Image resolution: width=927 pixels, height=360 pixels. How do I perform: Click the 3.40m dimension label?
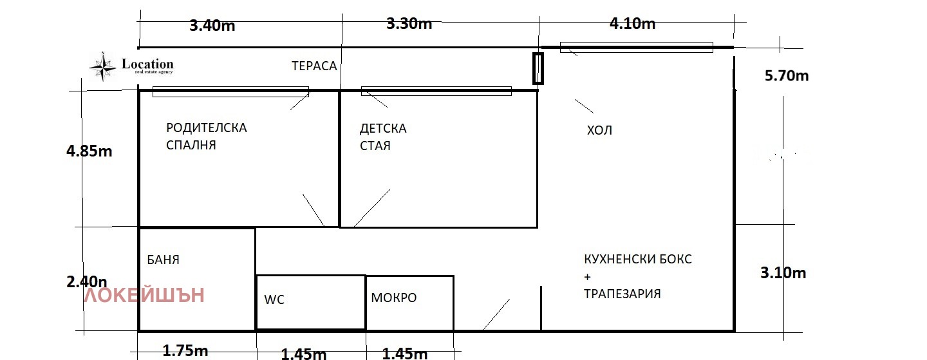tap(212, 26)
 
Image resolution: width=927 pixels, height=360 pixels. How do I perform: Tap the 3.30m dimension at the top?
tap(409, 24)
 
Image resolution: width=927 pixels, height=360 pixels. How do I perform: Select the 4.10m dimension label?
tap(632, 24)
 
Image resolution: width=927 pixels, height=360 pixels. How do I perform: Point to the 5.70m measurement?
tap(786, 76)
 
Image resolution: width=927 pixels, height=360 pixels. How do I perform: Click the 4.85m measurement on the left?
tap(89, 151)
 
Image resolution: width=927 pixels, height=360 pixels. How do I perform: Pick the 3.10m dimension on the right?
tap(783, 273)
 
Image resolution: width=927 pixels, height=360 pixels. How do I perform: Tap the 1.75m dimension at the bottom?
tap(185, 351)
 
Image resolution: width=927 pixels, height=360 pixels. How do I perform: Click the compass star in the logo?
tap(102, 65)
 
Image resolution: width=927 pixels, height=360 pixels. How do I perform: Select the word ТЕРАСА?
tap(314, 66)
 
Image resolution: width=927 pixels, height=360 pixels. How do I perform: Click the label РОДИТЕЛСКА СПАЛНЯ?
tap(206, 137)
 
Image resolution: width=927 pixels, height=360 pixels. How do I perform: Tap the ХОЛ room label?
tap(599, 131)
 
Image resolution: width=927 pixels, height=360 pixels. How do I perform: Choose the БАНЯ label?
tap(163, 260)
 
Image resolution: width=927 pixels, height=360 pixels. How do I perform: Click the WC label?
tap(274, 299)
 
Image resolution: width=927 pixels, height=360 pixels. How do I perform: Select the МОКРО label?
tap(393, 298)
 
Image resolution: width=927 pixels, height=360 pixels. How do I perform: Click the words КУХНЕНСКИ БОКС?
tap(638, 260)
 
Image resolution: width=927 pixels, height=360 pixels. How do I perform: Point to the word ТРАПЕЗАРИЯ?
tap(622, 294)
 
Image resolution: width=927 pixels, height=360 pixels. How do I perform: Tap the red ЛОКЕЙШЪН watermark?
tap(145, 296)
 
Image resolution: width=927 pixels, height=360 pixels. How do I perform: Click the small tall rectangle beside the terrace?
tap(538, 68)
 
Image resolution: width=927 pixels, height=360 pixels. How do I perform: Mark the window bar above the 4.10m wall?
tap(636, 47)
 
